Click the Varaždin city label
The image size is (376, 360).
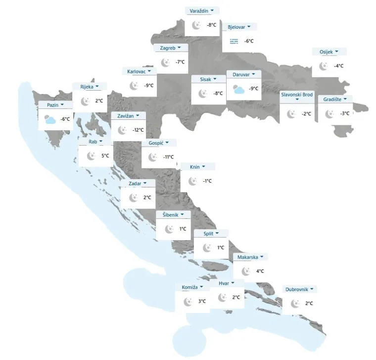tap(199, 10)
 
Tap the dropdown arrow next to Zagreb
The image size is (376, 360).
tap(180, 48)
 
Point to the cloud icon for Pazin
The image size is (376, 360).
tap(49, 119)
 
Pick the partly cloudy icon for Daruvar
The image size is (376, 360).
tap(238, 89)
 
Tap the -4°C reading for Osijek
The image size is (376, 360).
tap(338, 66)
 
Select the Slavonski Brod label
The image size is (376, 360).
tap(297, 94)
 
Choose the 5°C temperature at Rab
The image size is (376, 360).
tap(105, 155)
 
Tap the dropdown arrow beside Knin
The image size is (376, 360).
tap(203, 167)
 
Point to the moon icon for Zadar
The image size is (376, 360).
tap(134, 198)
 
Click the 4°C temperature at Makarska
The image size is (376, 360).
tap(260, 271)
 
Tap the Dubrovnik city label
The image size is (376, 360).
tap(297, 289)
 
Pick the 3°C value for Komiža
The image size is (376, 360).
tap(202, 301)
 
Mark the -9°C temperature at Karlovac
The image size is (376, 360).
tap(148, 86)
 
